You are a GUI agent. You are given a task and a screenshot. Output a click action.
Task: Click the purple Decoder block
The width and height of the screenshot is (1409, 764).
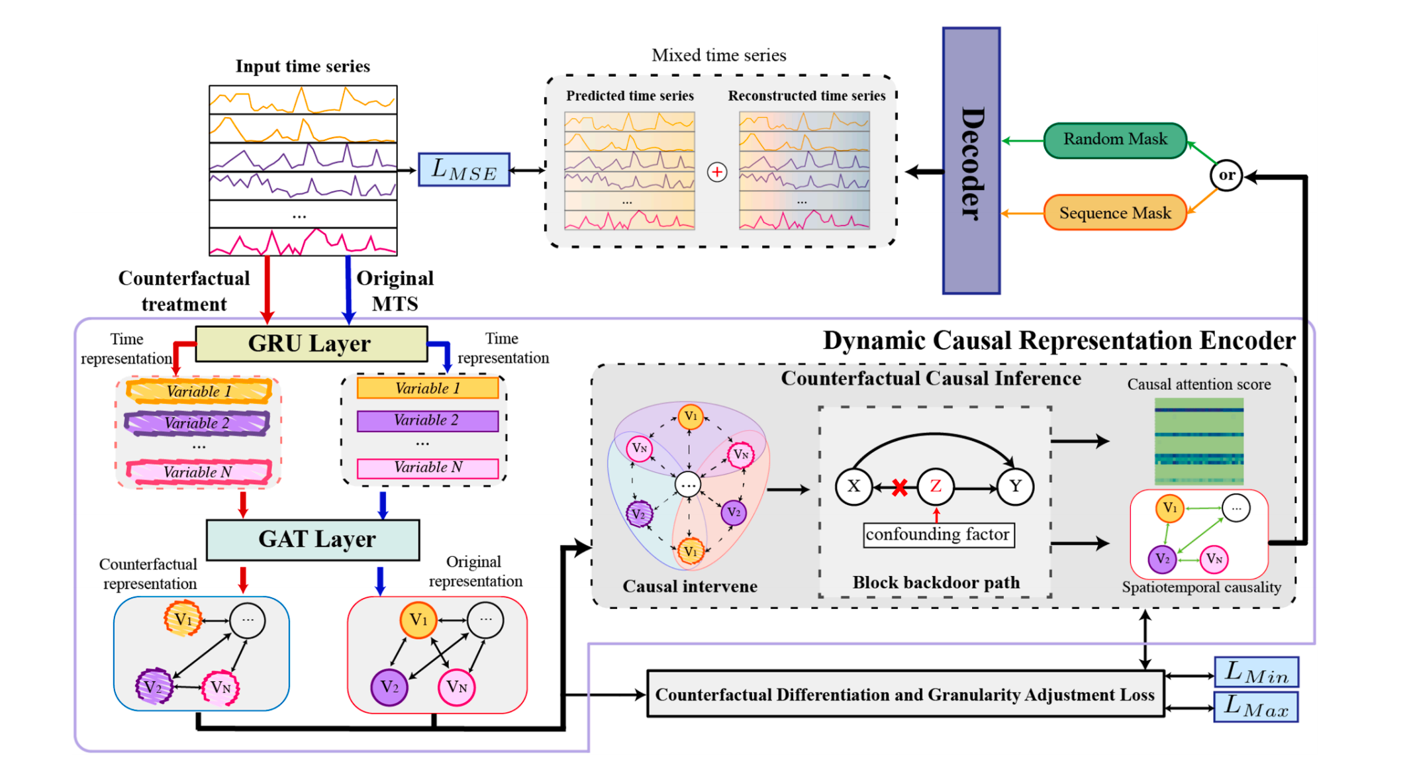point(971,161)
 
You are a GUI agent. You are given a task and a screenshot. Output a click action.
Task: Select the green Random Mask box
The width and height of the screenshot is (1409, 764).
point(1115,140)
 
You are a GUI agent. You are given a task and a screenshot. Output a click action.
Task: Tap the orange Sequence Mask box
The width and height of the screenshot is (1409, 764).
point(1115,213)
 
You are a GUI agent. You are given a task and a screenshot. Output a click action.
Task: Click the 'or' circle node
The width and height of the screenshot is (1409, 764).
point(1226,175)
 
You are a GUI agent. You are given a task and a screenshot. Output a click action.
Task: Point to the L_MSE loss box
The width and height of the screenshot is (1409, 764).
point(464,170)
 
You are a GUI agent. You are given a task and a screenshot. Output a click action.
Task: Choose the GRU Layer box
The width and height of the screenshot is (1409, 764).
point(311,344)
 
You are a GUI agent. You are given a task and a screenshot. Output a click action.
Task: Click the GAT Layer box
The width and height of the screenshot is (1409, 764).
point(313,540)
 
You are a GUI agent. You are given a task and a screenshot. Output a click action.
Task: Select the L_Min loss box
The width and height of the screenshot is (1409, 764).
point(1256,673)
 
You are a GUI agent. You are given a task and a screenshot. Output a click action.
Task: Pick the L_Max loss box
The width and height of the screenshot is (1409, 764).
point(1256,707)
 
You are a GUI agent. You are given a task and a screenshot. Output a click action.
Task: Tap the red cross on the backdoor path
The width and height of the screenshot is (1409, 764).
point(899,488)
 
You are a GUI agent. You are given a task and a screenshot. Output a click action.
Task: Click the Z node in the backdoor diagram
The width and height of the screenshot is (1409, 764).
point(936,487)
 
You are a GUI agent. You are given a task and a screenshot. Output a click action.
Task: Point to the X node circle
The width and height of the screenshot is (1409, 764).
point(854,487)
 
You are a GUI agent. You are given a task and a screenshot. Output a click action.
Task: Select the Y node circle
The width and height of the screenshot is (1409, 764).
point(1015,487)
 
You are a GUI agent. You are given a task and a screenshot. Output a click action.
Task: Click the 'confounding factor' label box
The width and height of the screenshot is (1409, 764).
point(938,534)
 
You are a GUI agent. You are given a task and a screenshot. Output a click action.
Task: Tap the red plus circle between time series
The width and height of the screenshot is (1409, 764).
point(717,172)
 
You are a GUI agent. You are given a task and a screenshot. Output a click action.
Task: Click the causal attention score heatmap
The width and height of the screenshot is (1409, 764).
point(1199,442)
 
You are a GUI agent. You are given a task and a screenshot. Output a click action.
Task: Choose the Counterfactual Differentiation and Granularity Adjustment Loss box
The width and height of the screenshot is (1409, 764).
point(905,694)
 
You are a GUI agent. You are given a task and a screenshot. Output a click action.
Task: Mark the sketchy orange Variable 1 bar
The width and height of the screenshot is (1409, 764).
point(199,391)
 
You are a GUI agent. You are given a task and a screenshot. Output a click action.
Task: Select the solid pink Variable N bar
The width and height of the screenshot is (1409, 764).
point(428,468)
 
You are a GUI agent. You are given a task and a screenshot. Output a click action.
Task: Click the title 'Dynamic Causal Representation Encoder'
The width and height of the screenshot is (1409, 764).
point(1059,341)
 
